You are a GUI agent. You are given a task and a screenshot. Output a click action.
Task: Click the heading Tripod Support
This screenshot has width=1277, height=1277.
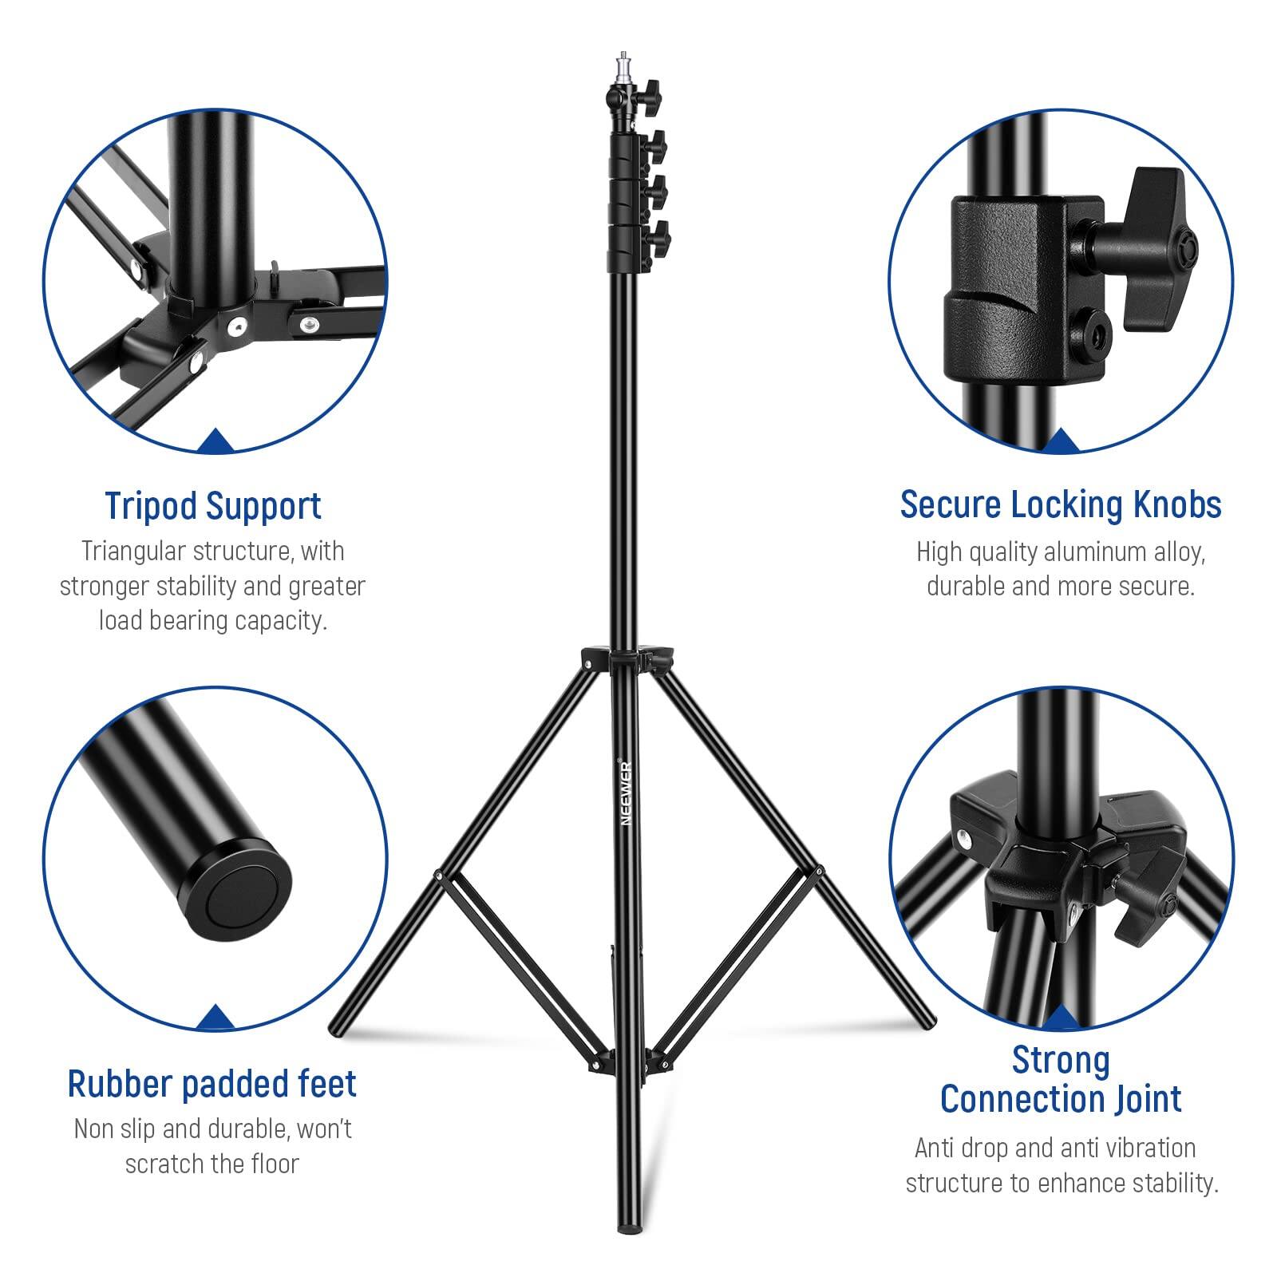[213, 506]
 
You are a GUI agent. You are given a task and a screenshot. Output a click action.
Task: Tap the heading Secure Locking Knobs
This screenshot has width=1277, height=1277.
[1061, 505]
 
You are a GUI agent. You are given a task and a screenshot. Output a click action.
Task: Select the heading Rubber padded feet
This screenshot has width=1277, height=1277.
[212, 1084]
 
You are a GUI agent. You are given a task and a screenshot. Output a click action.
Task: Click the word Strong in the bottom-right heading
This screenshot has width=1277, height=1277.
[1061, 1061]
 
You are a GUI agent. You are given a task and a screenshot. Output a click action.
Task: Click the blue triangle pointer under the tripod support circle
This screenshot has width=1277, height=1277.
[214, 441]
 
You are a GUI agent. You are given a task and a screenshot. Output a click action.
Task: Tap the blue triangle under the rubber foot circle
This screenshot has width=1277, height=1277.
[214, 1018]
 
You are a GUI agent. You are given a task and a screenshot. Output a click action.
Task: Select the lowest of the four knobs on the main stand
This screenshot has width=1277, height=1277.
[659, 236]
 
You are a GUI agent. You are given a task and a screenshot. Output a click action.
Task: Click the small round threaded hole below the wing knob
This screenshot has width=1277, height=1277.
[1089, 328]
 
